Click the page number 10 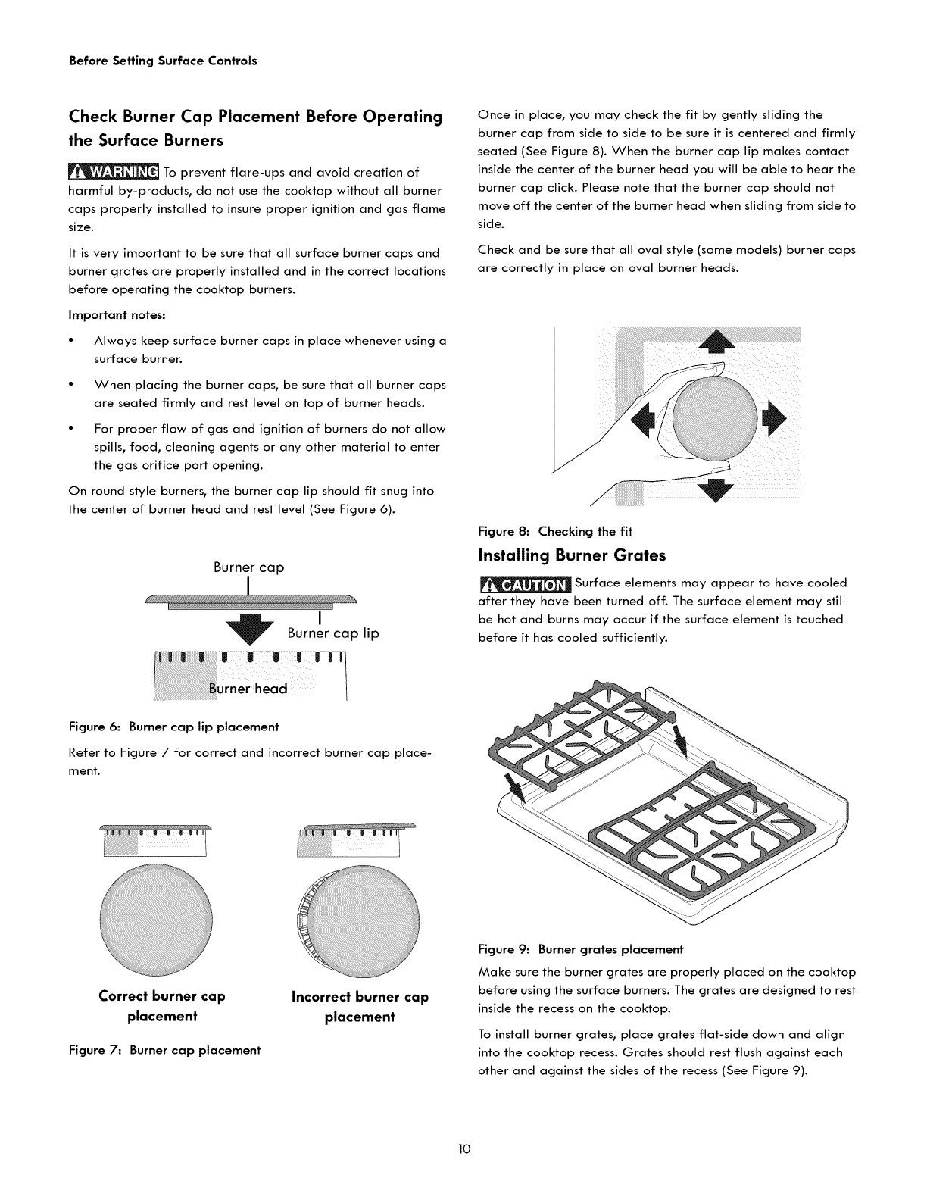point(464,1149)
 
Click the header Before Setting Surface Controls point(162,61)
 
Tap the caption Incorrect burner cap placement point(360,1006)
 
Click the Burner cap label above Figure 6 point(248,567)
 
